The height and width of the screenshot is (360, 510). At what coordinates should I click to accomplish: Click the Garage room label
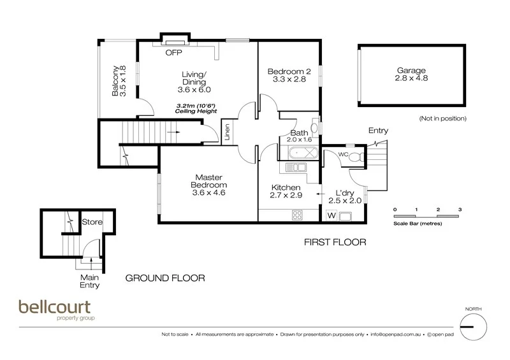coord(411,75)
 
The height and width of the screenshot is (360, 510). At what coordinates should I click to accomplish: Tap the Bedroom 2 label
coord(286,76)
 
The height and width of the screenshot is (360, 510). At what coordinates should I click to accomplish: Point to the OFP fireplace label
coord(173,53)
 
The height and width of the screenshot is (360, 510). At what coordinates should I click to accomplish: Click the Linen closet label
coord(227,134)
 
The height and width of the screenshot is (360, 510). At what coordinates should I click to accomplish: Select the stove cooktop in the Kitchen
coord(297,215)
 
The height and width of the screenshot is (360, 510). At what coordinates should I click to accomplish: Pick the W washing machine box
coord(331,215)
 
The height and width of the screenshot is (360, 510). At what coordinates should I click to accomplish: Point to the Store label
coord(92,222)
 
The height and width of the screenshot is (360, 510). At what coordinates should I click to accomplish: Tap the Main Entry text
coord(90,281)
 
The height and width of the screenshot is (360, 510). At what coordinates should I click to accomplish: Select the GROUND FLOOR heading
coord(165,278)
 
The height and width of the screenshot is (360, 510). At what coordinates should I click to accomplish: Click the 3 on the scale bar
coord(459,209)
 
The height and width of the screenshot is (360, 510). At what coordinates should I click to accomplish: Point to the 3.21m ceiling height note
coord(196,108)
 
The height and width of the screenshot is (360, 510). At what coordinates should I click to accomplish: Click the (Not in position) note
coord(443,119)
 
